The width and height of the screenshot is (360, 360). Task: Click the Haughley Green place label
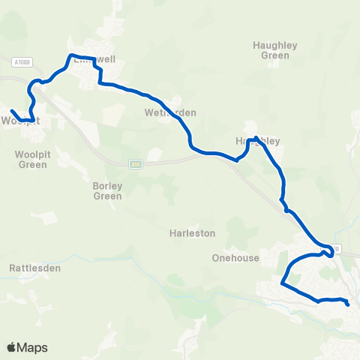pyautogui.click(x=275, y=50)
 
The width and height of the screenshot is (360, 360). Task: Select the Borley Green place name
pyautogui.click(x=107, y=190)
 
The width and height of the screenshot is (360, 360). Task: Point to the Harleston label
pyautogui.click(x=193, y=233)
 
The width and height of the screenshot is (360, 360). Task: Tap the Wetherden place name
pyautogui.click(x=170, y=112)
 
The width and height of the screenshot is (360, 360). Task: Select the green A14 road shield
pyautogui.click(x=135, y=164)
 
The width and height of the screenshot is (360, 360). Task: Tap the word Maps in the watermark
pyautogui.click(x=33, y=347)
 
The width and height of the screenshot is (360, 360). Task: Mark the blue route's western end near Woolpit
pyautogui.click(x=11, y=111)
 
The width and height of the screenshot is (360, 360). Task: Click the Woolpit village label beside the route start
pyautogui.click(x=19, y=121)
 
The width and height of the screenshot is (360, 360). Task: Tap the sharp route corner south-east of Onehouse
pyautogui.click(x=282, y=283)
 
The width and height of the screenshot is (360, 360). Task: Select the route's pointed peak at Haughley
pyautogui.click(x=256, y=137)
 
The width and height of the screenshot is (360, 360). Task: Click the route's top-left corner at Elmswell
pyautogui.click(x=70, y=55)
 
